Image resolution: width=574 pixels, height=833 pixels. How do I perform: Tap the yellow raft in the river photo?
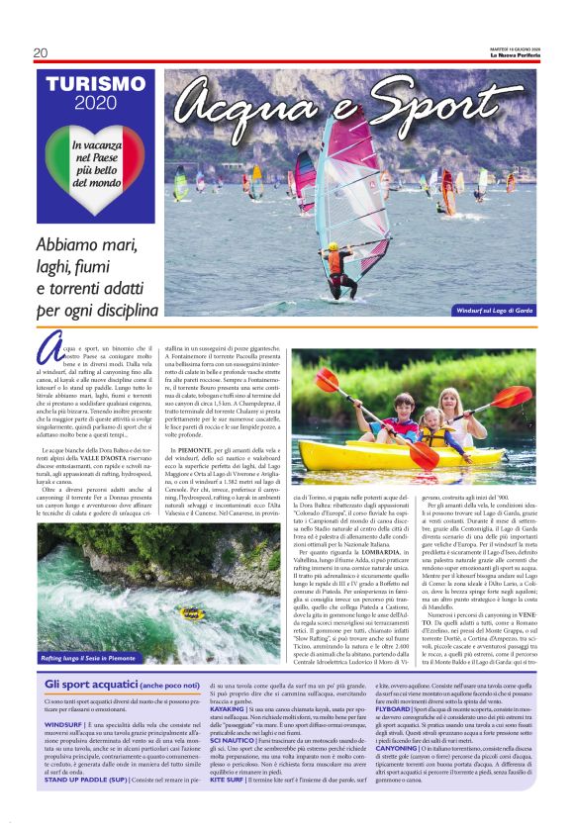click(x=191, y=614)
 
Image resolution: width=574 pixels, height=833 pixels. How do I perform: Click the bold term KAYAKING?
click(x=229, y=709)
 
